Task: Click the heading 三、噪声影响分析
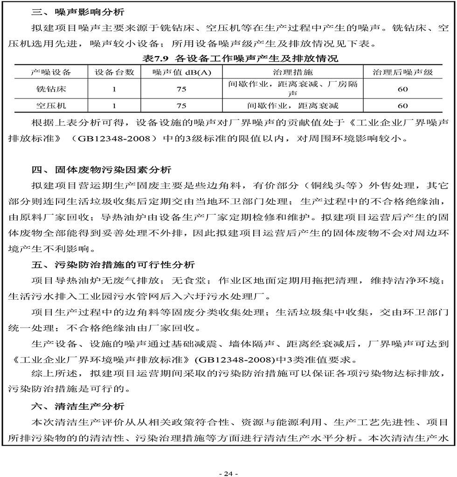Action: [78, 10]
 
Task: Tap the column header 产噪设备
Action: [51, 72]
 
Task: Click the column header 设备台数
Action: [114, 72]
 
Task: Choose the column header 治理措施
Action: [292, 72]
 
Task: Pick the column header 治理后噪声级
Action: [402, 72]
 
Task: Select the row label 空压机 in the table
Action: [51, 105]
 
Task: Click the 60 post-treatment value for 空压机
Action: [402, 105]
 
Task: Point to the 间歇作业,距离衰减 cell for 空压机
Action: [292, 105]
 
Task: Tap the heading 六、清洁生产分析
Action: [78, 407]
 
